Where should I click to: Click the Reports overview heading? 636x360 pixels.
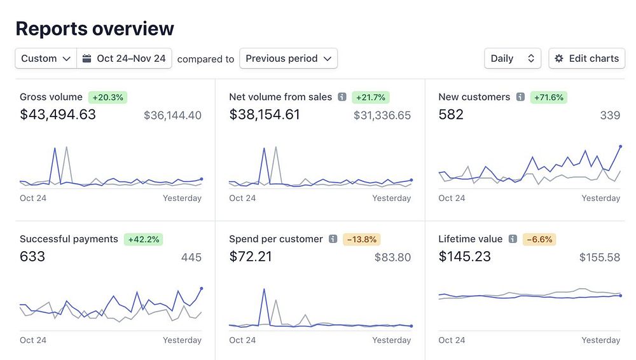(x=95, y=29)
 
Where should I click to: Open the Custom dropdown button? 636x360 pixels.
(x=46, y=59)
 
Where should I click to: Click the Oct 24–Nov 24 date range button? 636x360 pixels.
(x=125, y=59)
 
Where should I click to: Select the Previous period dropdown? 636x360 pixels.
(x=288, y=59)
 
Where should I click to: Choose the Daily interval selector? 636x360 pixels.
(x=512, y=59)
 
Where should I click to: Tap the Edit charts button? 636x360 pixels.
(x=586, y=59)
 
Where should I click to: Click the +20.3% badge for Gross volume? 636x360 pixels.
(x=108, y=97)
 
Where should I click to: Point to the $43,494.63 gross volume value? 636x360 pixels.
(x=58, y=114)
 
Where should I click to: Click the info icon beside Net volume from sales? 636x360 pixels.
(x=342, y=97)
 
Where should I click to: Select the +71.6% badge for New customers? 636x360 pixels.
(x=549, y=97)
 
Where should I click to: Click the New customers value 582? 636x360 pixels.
(x=451, y=114)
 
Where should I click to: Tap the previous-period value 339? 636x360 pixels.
(x=610, y=115)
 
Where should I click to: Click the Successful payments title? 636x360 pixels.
(x=69, y=239)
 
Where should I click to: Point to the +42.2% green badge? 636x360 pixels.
(x=144, y=240)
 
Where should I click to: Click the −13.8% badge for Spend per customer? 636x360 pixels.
(x=361, y=240)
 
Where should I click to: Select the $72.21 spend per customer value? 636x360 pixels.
(x=251, y=257)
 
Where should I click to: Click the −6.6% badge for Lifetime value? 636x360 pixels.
(x=539, y=240)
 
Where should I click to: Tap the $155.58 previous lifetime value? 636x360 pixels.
(x=599, y=258)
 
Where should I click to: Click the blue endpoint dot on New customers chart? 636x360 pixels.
(x=620, y=146)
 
